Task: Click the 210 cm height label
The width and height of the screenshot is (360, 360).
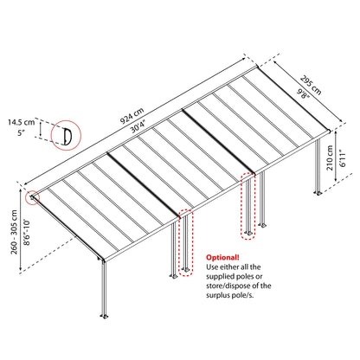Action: [x=321, y=162]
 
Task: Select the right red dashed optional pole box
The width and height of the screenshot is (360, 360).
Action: [x=248, y=207]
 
